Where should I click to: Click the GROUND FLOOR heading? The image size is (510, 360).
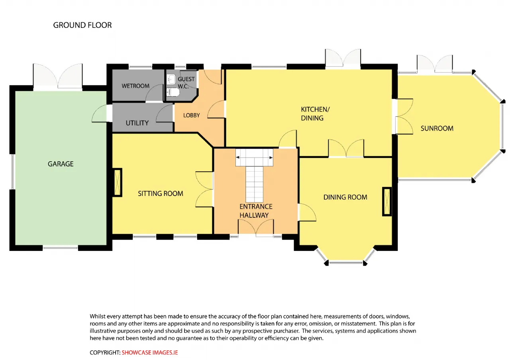(x=82, y=25)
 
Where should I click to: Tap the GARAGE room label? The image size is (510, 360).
(x=61, y=164)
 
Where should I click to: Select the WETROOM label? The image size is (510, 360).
(x=135, y=86)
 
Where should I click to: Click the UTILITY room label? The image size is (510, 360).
(x=137, y=123)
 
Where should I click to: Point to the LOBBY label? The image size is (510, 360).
(x=192, y=115)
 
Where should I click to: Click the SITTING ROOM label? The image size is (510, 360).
(x=161, y=194)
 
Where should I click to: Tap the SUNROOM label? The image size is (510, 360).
(x=437, y=128)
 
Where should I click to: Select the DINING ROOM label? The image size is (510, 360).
(x=345, y=197)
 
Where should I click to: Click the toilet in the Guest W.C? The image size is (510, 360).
(x=173, y=92)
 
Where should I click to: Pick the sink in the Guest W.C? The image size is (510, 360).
(x=171, y=79)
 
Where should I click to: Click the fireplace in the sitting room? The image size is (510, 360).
(x=118, y=182)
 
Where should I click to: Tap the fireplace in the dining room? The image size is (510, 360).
(x=387, y=202)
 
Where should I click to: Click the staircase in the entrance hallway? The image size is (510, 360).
(x=254, y=176)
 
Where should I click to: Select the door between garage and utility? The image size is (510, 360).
(x=100, y=113)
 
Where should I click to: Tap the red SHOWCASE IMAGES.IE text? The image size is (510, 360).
(x=149, y=352)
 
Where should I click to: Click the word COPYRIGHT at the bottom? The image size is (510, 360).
(x=105, y=352)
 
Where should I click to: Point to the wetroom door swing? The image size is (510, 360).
(x=155, y=93)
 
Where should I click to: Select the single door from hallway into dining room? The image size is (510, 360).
(x=307, y=212)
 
